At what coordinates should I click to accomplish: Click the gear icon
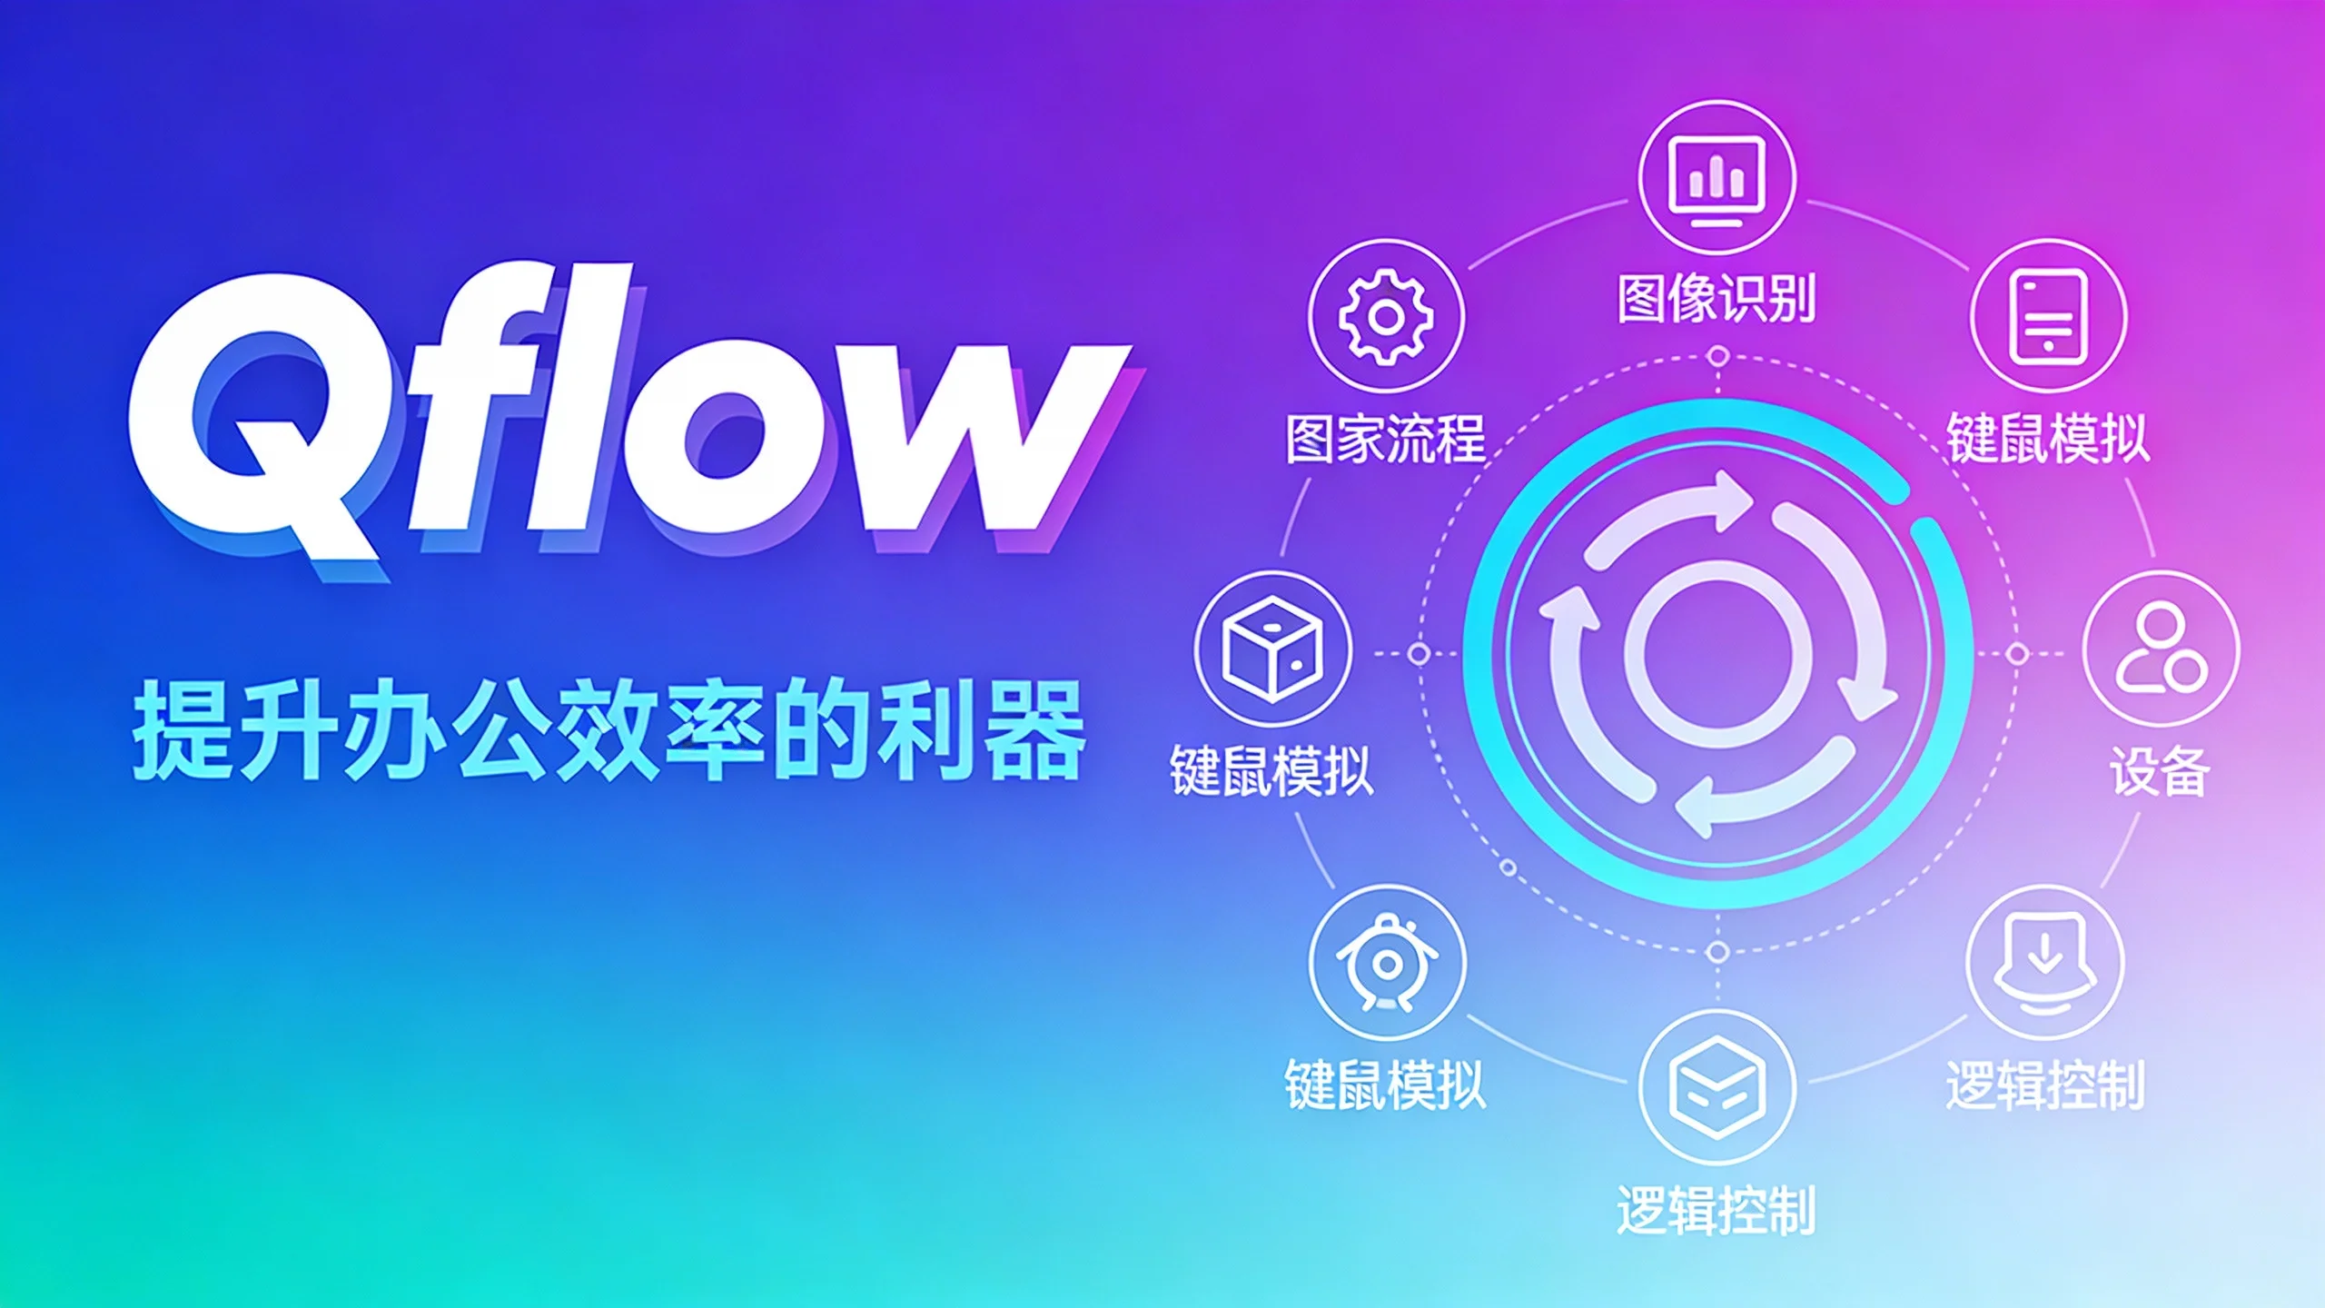click(1386, 317)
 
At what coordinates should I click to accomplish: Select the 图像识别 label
click(1717, 298)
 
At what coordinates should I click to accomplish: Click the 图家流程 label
click(1386, 439)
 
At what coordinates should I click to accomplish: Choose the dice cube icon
click(1272, 649)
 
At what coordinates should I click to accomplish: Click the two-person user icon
click(2161, 649)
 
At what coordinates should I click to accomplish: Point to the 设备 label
click(2159, 771)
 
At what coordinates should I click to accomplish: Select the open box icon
click(1717, 1086)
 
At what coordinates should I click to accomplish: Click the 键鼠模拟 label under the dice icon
click(1271, 771)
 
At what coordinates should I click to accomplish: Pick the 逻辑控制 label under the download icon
click(2045, 1085)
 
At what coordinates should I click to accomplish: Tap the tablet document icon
click(2048, 317)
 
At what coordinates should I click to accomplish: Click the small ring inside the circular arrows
click(1717, 652)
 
